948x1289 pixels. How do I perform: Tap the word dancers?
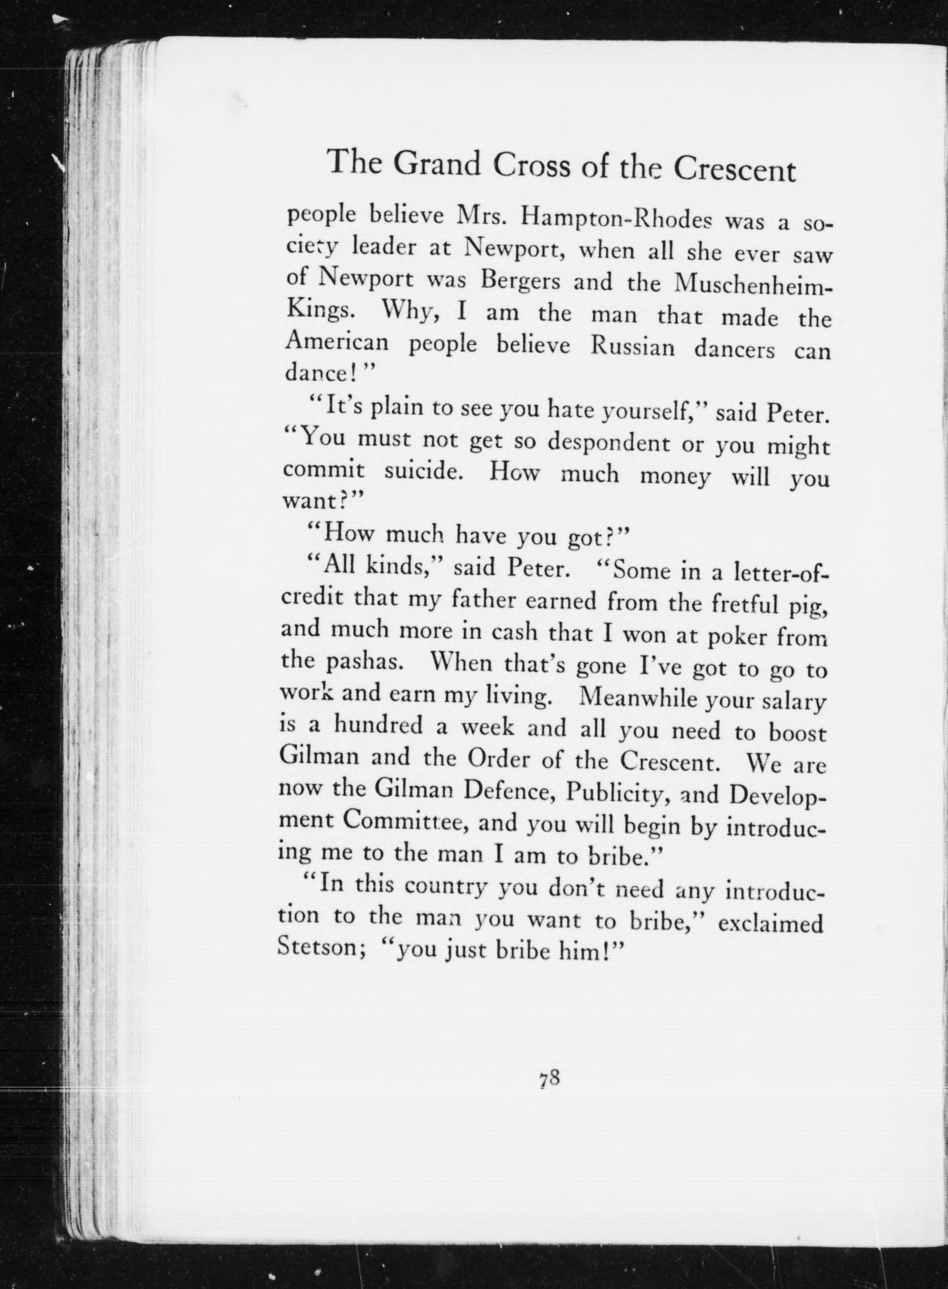tap(735, 350)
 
